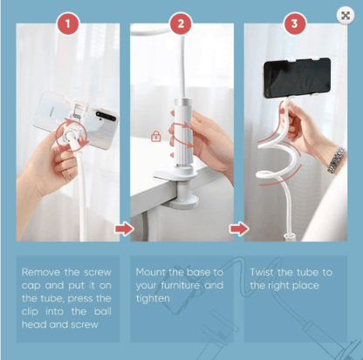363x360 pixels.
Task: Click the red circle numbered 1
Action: pos(68,24)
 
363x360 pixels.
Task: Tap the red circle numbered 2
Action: pos(181,24)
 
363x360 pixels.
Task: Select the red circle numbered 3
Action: pos(294,24)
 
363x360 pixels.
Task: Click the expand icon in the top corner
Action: pos(346,16)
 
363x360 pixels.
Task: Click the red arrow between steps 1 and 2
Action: pos(125,228)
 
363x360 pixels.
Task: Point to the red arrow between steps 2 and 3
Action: pos(239,228)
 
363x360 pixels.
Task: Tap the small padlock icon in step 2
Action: pos(156,136)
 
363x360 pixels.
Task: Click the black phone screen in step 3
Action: pos(298,78)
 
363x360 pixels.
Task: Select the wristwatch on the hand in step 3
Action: pos(337,160)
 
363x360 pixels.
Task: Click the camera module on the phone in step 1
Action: pos(106,116)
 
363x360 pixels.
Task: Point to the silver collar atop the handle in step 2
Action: pos(182,102)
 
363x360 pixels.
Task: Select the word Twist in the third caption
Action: pos(262,272)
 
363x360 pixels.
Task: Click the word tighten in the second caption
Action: pos(153,299)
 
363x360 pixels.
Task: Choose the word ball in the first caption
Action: pos(103,311)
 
